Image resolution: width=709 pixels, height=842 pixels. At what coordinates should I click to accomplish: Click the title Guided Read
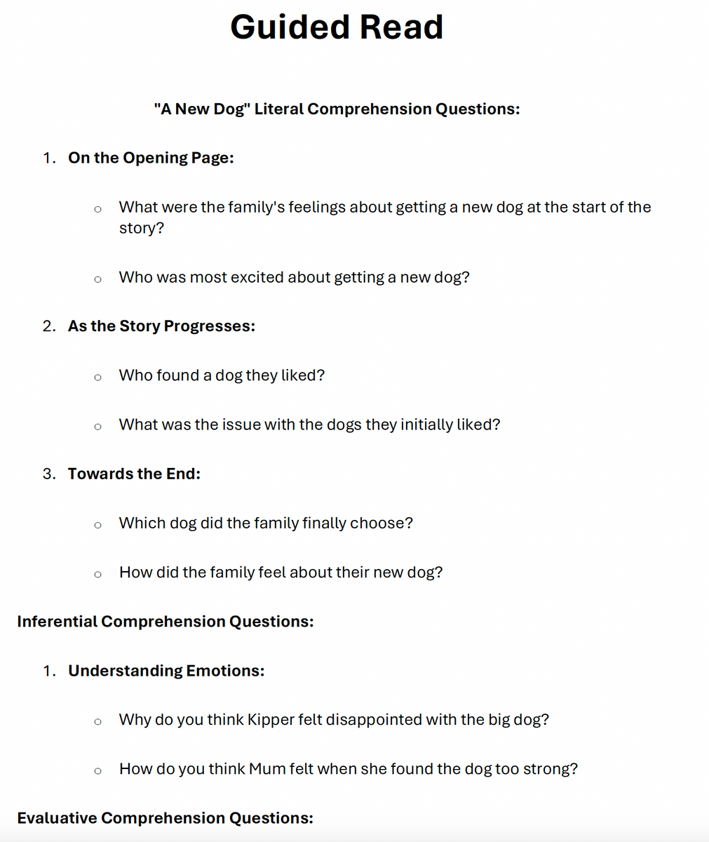(337, 27)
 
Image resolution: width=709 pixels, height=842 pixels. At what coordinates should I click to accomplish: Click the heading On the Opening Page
(151, 158)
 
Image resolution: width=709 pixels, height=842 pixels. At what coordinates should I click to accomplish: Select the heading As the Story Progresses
(161, 326)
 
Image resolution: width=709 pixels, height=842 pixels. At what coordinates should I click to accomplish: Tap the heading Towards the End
(134, 474)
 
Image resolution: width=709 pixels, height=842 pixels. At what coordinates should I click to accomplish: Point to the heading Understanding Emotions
(166, 671)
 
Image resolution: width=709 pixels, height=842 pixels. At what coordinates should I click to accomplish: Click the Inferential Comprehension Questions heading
(165, 622)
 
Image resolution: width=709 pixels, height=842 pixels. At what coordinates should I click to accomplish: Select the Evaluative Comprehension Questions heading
(165, 818)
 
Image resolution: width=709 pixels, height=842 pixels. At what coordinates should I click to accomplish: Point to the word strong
(546, 769)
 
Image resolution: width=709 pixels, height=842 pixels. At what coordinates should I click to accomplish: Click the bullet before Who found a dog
(97, 377)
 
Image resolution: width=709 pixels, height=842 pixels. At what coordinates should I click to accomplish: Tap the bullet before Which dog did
(97, 525)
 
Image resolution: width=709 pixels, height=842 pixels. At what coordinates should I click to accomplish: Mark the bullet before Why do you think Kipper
(97, 722)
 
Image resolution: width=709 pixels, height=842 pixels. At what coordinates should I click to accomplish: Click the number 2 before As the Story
(48, 326)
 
